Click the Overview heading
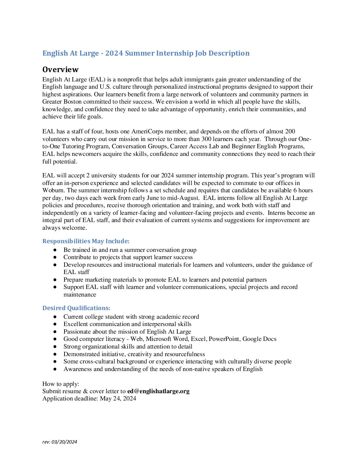[x=60, y=70]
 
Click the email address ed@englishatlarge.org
[x=158, y=391]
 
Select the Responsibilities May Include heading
[x=86, y=241]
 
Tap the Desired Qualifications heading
[x=76, y=308]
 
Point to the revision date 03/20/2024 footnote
[x=60, y=442]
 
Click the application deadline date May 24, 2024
[x=118, y=398]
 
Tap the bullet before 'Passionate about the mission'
[x=55, y=332]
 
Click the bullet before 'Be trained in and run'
[x=55, y=250]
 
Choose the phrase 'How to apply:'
[x=61, y=384]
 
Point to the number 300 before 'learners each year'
[x=206, y=139]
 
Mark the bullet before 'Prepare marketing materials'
[x=55, y=280]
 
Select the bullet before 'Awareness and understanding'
[x=55, y=369]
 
